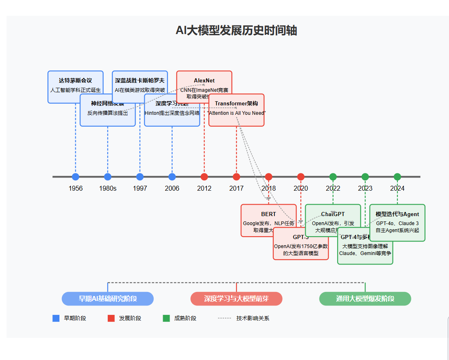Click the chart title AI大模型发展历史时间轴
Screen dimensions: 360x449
[236, 30]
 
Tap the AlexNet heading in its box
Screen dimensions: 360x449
[204, 80]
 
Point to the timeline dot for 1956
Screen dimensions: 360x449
[75, 177]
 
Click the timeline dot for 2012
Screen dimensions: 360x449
[204, 177]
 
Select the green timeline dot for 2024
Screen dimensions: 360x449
[397, 177]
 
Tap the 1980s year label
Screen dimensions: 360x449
[108, 189]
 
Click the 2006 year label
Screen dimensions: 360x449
[172, 189]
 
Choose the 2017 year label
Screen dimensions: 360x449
[236, 189]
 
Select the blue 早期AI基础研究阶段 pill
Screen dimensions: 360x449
[108, 298]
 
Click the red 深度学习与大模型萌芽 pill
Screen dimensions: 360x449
[236, 298]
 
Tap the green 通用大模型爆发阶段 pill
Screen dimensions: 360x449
[365, 298]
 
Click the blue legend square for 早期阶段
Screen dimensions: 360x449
[56, 318]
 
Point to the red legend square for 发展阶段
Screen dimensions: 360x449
[111, 318]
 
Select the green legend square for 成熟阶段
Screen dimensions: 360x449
[166, 318]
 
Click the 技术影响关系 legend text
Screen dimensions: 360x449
[253, 318]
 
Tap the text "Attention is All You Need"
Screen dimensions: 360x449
[236, 113]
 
